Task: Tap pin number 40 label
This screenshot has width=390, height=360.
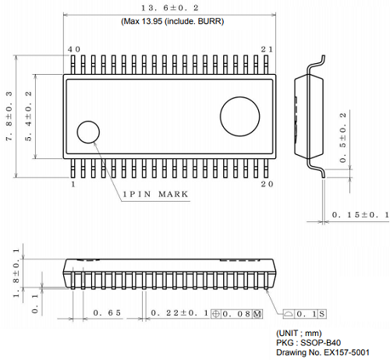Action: click(73, 49)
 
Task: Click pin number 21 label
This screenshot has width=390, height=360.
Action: click(267, 49)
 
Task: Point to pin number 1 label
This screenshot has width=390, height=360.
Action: click(73, 185)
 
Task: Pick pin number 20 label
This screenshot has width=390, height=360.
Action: click(267, 185)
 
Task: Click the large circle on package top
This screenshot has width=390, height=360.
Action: click(241, 116)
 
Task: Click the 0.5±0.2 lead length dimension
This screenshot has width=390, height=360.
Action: click(345, 138)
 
